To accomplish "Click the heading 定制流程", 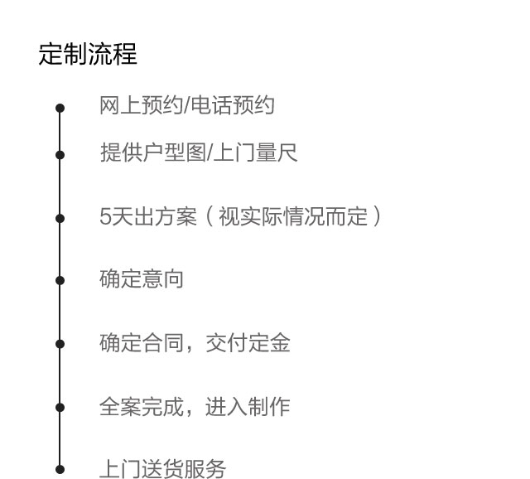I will click(88, 55).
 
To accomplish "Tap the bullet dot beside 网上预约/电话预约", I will click(60, 108).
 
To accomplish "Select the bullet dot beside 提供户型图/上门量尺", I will click(60, 154).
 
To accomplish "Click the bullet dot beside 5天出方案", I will click(60, 219).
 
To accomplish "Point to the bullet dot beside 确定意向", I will click(60, 280).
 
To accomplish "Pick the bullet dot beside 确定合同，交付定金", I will click(60, 343).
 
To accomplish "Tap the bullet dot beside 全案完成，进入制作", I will click(60, 407).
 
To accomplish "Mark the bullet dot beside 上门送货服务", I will click(60, 470).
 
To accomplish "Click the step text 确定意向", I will click(142, 279).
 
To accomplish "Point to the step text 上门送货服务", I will click(162, 470).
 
